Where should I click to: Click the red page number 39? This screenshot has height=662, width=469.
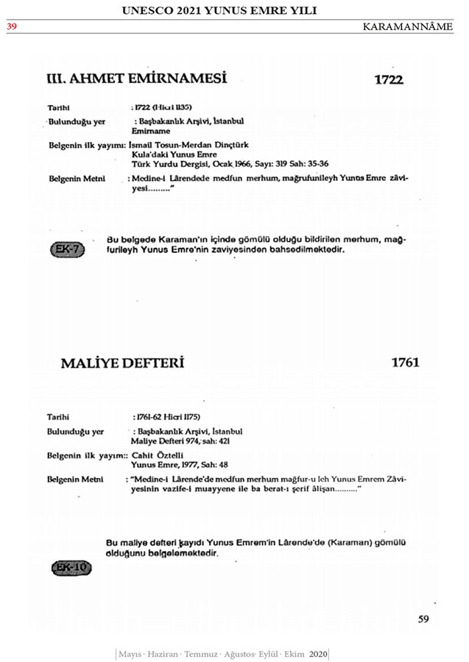tap(12, 26)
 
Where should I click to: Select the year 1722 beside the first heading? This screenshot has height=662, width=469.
tap(389, 79)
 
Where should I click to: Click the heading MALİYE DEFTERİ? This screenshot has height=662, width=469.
tap(122, 363)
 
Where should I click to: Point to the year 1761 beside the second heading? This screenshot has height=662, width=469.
tap(405, 363)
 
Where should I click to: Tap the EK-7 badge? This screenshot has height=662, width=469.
tap(68, 249)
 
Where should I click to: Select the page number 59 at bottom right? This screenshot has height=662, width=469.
tap(423, 619)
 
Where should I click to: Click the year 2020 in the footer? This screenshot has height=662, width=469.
tap(318, 653)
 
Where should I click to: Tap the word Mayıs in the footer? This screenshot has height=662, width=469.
tap(130, 653)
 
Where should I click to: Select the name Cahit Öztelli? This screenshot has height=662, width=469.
tap(155, 456)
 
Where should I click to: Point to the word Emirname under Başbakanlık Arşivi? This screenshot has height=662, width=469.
tap(146, 130)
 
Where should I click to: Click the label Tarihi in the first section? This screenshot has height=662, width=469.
tap(58, 107)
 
